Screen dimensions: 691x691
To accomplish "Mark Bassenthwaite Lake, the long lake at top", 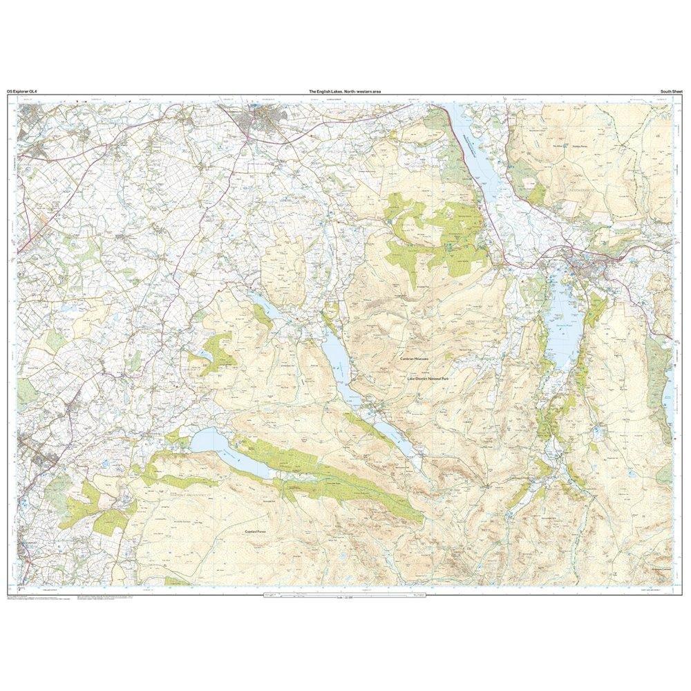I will pos(476,155).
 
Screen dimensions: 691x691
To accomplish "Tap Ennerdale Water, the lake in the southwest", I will pos(214,446).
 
